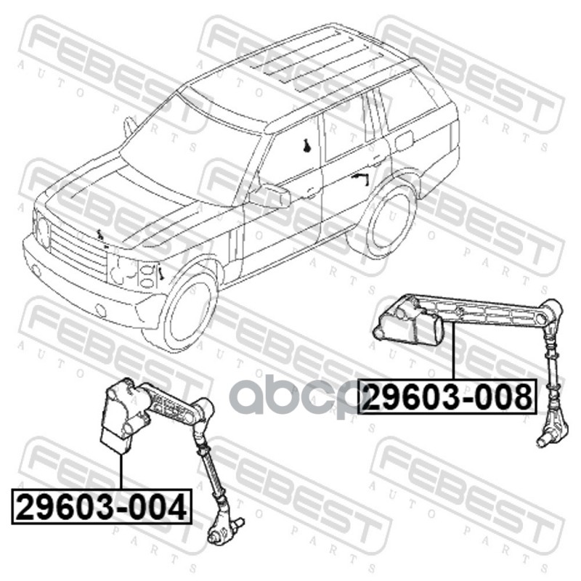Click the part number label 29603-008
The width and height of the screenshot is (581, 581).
[447, 397]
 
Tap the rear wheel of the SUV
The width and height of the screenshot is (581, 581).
[389, 219]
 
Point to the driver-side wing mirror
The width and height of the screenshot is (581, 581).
[270, 195]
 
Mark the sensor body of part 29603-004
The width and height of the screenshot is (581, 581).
[121, 415]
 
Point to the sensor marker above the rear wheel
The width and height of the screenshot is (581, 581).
[360, 178]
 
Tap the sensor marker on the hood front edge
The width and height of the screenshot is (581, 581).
[99, 235]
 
